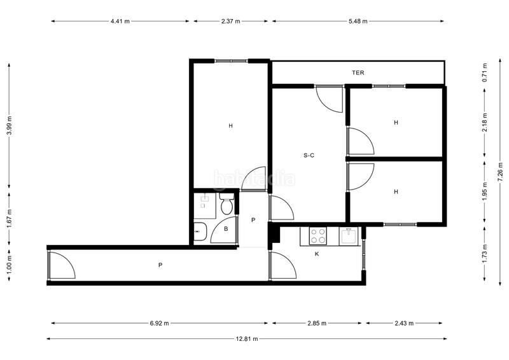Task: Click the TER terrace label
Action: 358,73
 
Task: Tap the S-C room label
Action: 309,155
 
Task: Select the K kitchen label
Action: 317,254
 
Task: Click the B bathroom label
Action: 225,230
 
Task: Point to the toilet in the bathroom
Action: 226,205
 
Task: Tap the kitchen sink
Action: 349,236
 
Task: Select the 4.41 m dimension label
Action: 120,21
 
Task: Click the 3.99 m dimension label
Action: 9,126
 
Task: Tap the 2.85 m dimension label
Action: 317,323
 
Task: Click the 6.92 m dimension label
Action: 159,323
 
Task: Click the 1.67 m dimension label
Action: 9,219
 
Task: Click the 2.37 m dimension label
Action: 230,21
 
